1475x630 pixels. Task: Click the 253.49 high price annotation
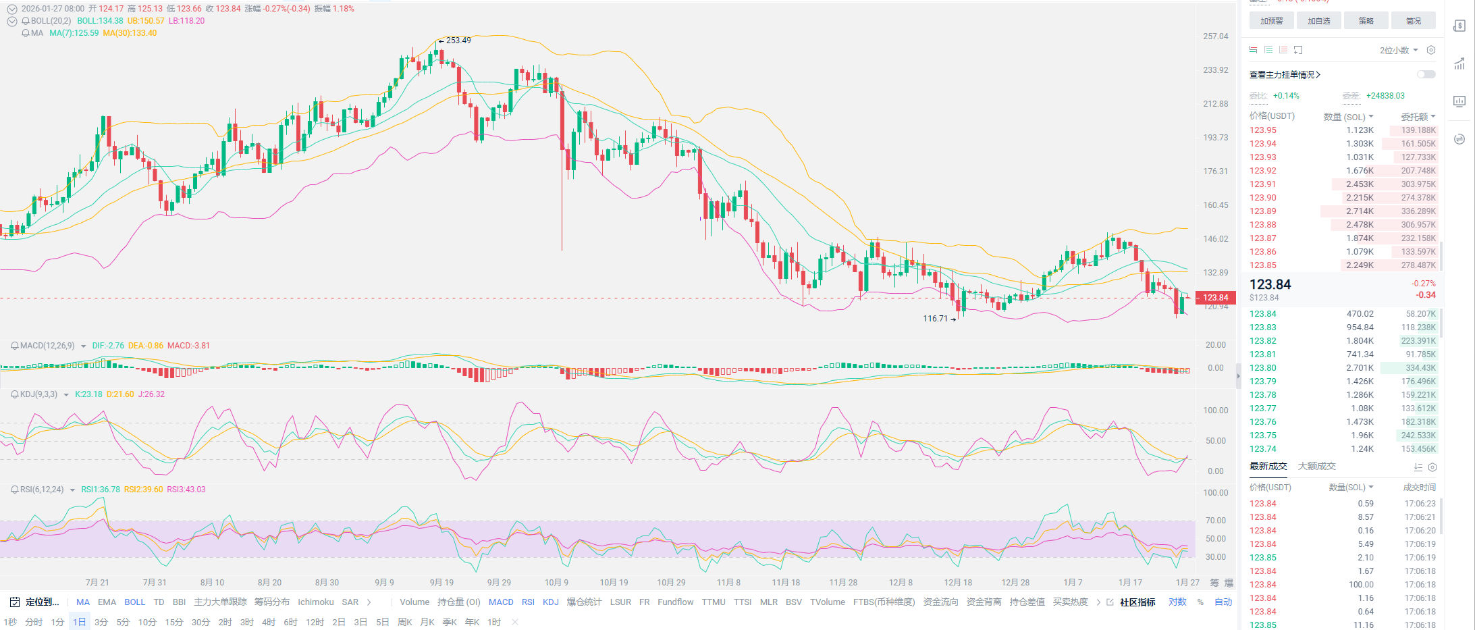click(458, 41)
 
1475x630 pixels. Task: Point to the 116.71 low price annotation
click(936, 319)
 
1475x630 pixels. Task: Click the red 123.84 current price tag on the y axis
click(1215, 298)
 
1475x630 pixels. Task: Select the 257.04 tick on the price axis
click(1215, 36)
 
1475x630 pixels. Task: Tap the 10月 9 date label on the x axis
click(556, 582)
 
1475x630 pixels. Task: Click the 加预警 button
click(1271, 21)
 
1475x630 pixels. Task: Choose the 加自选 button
click(1318, 21)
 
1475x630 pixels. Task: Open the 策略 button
click(1366, 21)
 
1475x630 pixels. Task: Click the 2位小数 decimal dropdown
click(1398, 51)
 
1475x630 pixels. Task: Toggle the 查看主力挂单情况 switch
click(1426, 74)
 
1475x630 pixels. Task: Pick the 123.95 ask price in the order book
click(1262, 130)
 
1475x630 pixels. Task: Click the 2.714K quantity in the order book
click(1360, 211)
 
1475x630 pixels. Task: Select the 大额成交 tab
click(1316, 466)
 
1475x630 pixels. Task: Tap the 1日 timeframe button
click(80, 622)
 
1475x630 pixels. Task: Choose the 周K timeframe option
click(405, 622)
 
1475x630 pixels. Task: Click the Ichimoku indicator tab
click(315, 602)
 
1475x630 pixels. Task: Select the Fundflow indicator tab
click(675, 602)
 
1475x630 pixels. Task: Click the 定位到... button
click(42, 602)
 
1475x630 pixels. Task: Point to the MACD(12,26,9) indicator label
click(47, 346)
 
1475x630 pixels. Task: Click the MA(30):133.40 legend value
click(130, 33)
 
